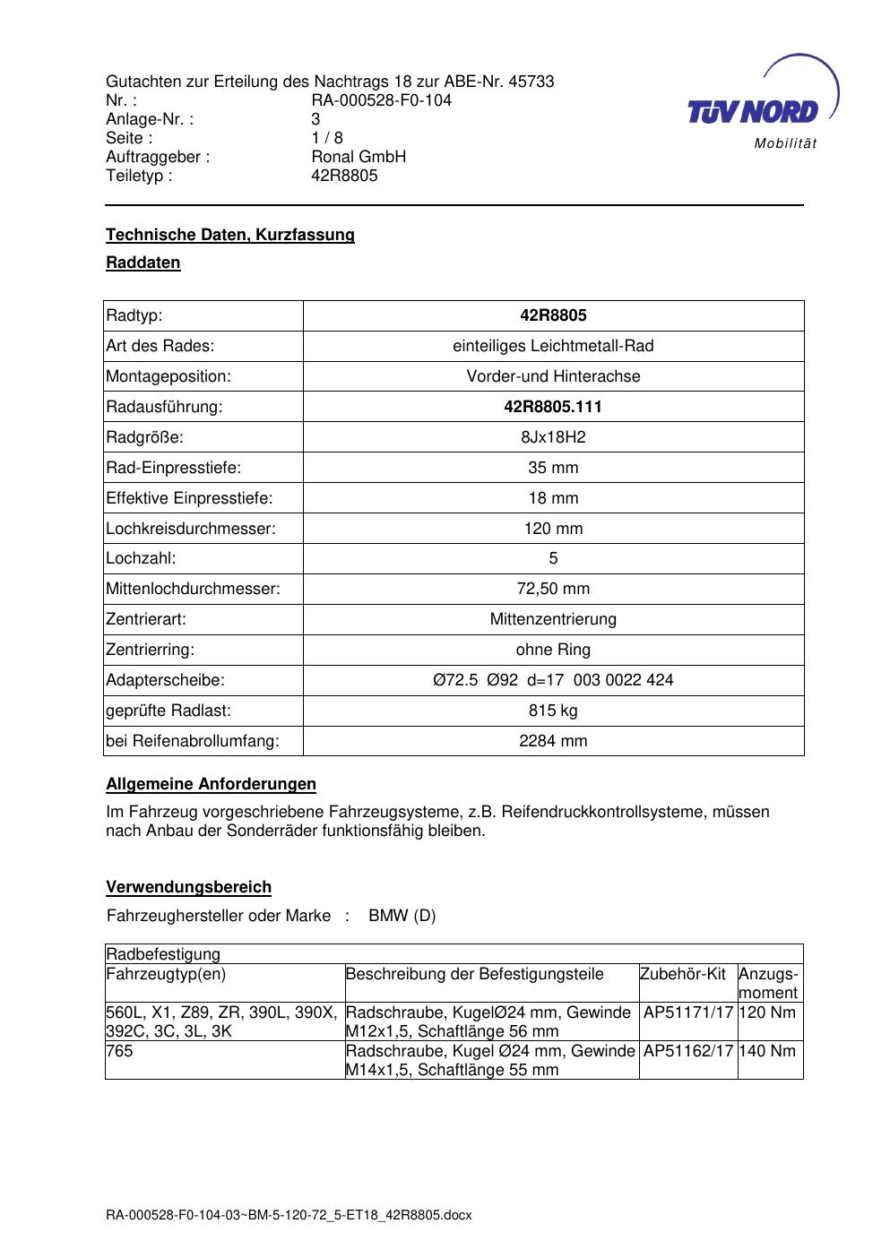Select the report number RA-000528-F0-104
tap(381, 100)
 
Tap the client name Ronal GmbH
tap(359, 157)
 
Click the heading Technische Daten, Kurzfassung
tap(230, 235)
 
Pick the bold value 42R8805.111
tap(553, 407)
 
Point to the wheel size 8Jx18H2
tap(553, 437)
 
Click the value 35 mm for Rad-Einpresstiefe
tap(553, 468)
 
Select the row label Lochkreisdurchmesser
tap(191, 529)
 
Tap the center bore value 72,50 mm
tap(553, 589)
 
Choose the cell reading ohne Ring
tap(553, 650)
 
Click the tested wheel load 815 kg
tap(553, 711)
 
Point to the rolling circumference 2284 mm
tap(553, 741)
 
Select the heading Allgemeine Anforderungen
tap(211, 784)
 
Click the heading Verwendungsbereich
tap(188, 887)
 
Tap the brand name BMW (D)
tap(402, 916)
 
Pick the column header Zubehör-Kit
tap(683, 974)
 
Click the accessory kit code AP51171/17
tap(688, 1012)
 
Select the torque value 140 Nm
tap(769, 1051)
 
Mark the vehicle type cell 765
tap(119, 1051)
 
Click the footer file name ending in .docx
tap(289, 1215)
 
